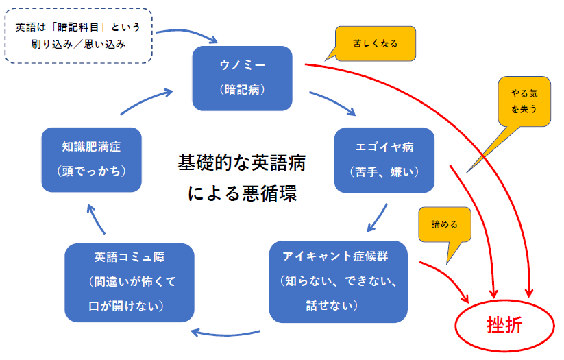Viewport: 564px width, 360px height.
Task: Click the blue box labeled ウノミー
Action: (x=243, y=77)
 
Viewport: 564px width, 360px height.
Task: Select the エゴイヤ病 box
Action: (x=384, y=159)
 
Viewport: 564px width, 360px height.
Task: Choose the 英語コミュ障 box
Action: (x=129, y=280)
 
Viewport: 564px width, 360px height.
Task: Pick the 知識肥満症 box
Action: (x=91, y=158)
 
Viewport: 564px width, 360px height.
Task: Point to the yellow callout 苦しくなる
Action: (x=374, y=43)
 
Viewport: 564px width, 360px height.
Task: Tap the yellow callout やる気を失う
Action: (x=524, y=101)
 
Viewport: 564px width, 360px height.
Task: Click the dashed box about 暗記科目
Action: (x=77, y=36)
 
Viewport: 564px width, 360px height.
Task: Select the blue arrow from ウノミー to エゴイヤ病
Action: (x=333, y=102)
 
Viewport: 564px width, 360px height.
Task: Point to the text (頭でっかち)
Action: (x=91, y=170)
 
